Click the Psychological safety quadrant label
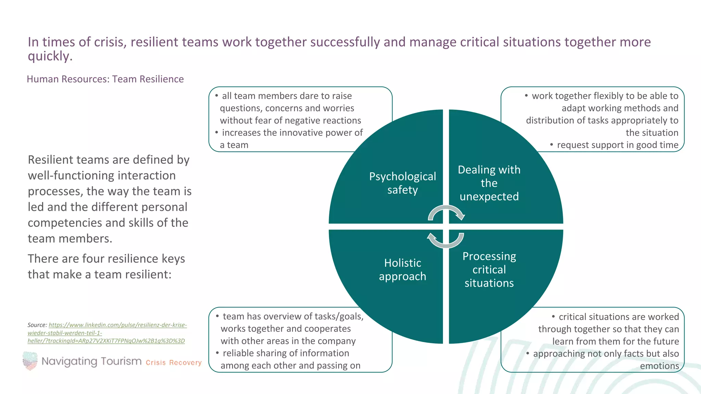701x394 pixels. click(403, 183)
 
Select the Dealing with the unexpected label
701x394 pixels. click(489, 183)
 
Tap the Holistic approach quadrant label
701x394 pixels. click(403, 270)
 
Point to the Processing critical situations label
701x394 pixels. click(489, 270)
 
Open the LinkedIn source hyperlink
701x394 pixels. click(107, 333)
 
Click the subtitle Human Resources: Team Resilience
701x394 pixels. click(105, 79)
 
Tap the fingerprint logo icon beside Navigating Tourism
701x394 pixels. click(30, 361)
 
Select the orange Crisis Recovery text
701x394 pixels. click(174, 363)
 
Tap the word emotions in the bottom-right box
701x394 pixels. click(659, 366)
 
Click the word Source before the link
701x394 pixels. click(37, 325)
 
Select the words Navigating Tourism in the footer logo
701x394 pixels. click(91, 361)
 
